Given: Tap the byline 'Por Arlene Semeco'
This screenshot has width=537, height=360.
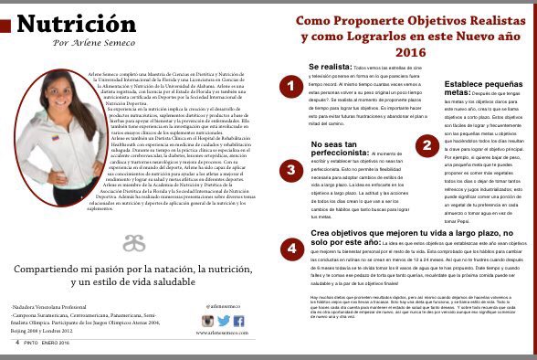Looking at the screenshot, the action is pos(88,44).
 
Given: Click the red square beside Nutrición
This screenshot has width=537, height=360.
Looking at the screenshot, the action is pos(5,25).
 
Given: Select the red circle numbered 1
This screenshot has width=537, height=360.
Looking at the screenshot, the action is pos(290,87).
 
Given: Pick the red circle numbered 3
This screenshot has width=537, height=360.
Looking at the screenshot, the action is pos(290,170).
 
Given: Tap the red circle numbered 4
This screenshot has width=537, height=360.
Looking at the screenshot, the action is pos(290,248).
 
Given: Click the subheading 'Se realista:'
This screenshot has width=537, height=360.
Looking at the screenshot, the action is pos(328,68).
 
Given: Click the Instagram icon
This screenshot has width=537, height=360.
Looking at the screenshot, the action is pos(207,321).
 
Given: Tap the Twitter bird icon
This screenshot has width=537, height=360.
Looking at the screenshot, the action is pos(223,321).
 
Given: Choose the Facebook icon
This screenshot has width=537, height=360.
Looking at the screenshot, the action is pos(238,321).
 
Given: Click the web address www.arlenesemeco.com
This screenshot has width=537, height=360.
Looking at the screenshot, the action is pos(223,334).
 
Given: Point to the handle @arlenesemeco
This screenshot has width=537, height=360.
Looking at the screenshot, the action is pos(223,307).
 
